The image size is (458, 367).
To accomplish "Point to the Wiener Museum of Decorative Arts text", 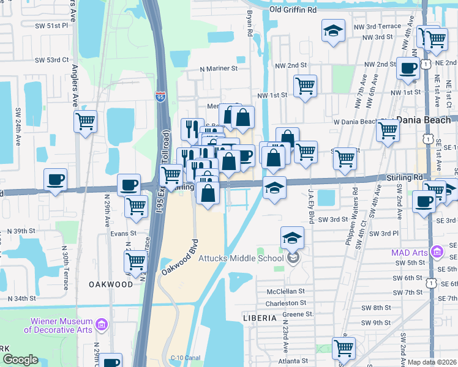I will [58, 325].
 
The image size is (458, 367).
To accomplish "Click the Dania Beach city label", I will [423, 120].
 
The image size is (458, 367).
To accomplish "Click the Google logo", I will [20, 360].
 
